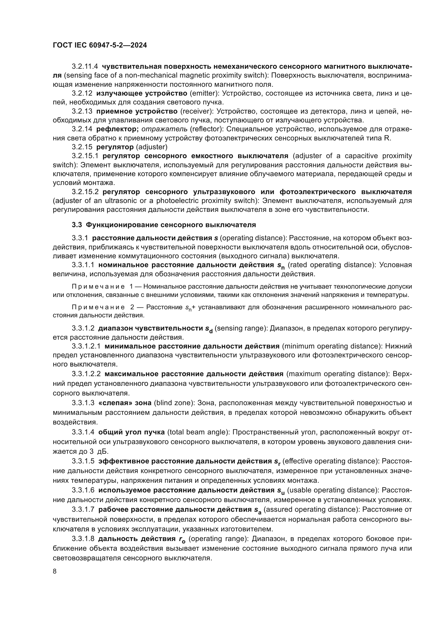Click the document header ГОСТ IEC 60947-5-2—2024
[x=100, y=45]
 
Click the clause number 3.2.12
[x=82, y=93]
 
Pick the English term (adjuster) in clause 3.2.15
[x=151, y=147]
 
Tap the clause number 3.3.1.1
[x=83, y=265]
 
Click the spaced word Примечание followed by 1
[x=98, y=287]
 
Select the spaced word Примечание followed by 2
[x=98, y=307]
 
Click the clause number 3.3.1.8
[x=83, y=539]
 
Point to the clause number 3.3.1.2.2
[x=86, y=374]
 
